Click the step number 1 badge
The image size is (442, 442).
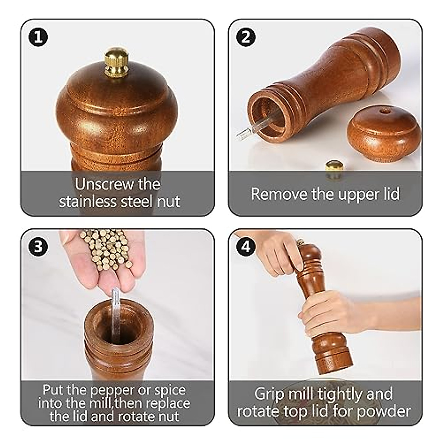click(x=38, y=37)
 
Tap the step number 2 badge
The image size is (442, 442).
click(x=246, y=37)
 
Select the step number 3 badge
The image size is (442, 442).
click(x=38, y=246)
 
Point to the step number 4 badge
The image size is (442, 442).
click(x=246, y=246)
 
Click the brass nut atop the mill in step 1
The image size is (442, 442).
click(x=116, y=62)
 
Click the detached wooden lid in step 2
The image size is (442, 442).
click(x=383, y=133)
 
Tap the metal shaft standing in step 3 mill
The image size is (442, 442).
click(x=116, y=313)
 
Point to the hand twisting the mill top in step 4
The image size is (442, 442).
click(x=280, y=254)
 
